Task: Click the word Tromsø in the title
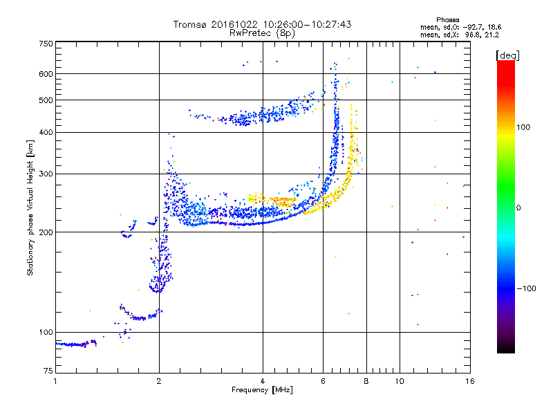188,24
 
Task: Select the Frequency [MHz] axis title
262,391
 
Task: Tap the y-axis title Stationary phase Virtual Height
30,204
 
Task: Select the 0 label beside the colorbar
518,207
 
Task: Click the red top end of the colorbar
505,64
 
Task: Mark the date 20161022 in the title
235,24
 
